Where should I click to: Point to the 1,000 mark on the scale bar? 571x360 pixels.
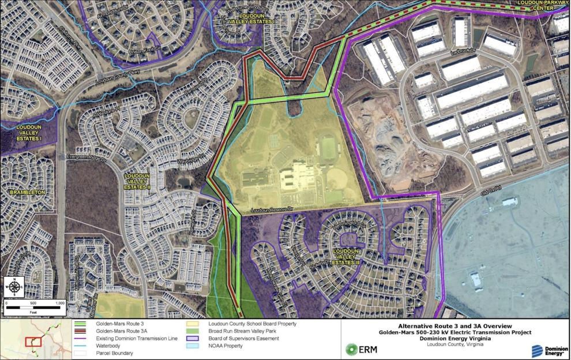point(59,303)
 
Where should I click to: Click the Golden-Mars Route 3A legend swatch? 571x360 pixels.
point(84,331)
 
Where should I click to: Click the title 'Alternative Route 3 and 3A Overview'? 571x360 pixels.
point(455,326)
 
